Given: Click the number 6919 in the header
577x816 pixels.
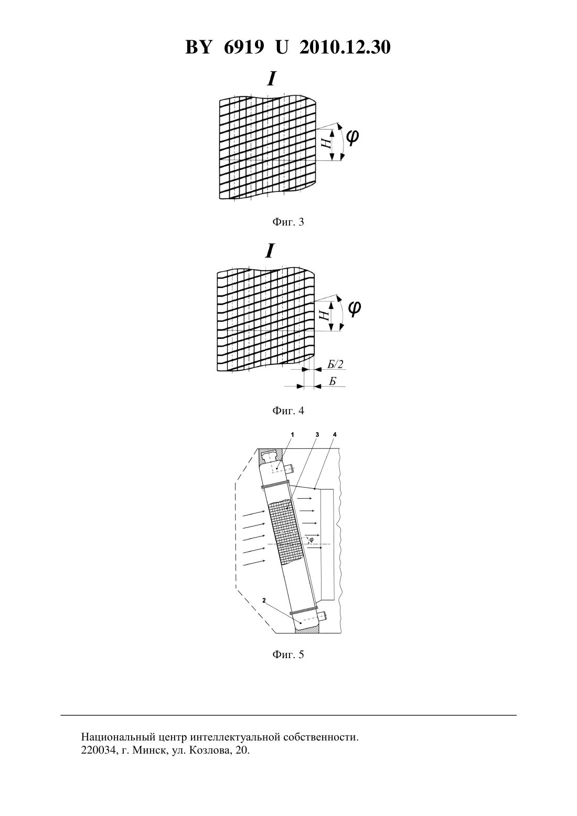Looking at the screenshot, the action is tap(243, 47).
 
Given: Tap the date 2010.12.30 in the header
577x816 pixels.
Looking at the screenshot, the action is tap(345, 47).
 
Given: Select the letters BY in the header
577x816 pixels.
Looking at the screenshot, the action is tap(198, 47).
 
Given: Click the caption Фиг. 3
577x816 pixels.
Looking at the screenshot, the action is tap(288, 222).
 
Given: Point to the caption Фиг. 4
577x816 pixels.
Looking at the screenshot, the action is tap(288, 411).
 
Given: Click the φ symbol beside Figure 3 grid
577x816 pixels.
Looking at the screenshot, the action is tap(352, 138).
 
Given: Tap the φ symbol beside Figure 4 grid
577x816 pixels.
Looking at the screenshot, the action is tap(354, 309).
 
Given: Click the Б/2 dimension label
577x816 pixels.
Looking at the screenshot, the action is tap(335, 364).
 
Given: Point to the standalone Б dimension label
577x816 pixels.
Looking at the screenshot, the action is tap(332, 381).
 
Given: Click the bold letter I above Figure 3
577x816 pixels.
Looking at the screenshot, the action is tap(271, 79).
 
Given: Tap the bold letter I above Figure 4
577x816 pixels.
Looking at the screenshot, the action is tap(270, 251).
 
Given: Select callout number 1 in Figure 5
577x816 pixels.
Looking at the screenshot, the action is tap(293, 435).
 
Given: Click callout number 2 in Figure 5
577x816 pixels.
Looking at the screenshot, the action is tap(264, 600).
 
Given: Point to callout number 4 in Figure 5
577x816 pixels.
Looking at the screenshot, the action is tap(335, 435).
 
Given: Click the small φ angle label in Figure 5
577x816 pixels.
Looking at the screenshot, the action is tap(312, 539).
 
